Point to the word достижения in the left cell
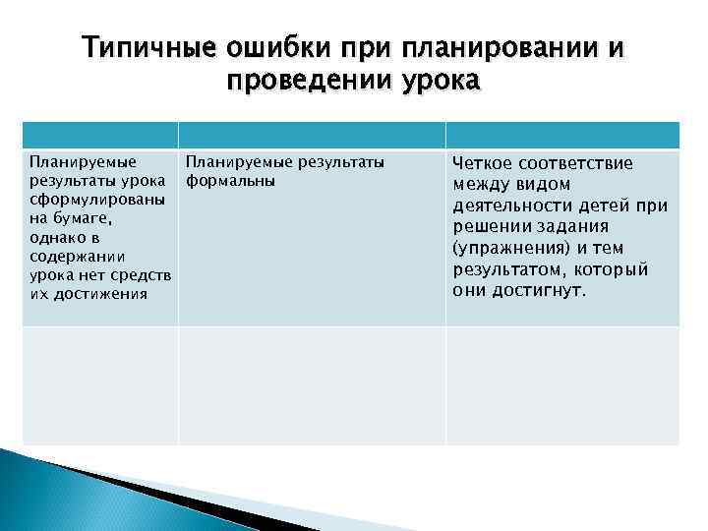coord(101,293)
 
